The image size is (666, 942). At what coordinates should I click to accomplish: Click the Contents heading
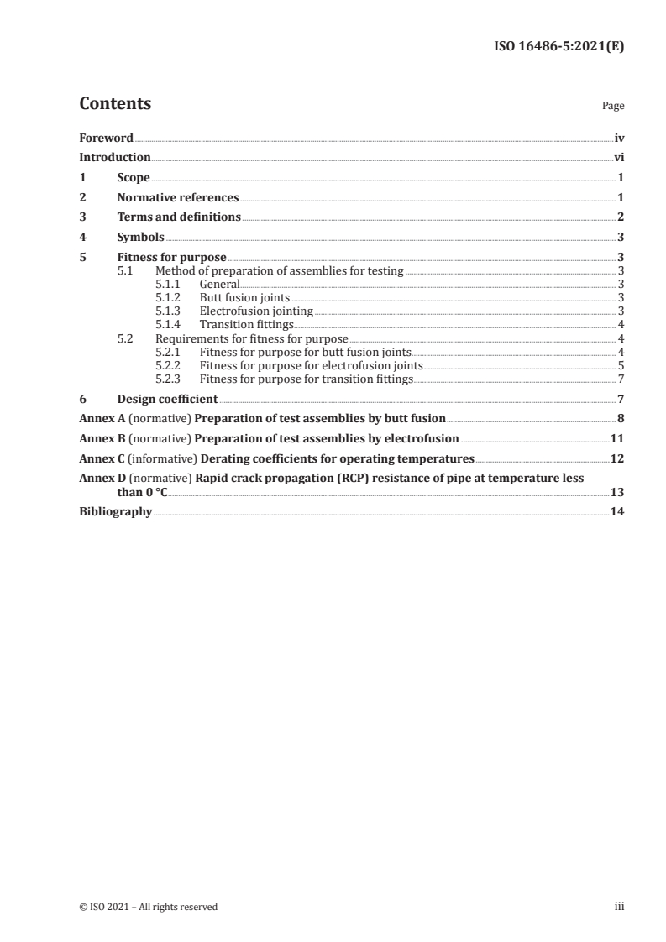pyautogui.click(x=115, y=104)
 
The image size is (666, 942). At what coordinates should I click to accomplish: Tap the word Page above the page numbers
pyautogui.click(x=613, y=107)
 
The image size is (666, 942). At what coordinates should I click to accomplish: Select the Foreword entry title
pyautogui.click(x=106, y=138)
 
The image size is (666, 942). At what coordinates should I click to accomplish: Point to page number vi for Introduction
pyautogui.click(x=618, y=158)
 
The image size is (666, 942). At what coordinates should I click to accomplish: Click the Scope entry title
pyautogui.click(x=134, y=178)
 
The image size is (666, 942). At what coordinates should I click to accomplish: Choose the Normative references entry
pyautogui.click(x=178, y=198)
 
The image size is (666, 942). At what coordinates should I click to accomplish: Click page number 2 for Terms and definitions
pyautogui.click(x=620, y=217)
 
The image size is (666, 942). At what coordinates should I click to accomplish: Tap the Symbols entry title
pyautogui.click(x=140, y=238)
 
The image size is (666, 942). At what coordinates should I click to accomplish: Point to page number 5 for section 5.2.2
pyautogui.click(x=620, y=366)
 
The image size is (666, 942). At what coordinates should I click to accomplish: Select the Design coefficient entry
pyautogui.click(x=167, y=399)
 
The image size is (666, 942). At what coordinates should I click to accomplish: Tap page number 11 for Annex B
pyautogui.click(x=616, y=438)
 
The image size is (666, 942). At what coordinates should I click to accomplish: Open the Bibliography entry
pyautogui.click(x=115, y=512)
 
